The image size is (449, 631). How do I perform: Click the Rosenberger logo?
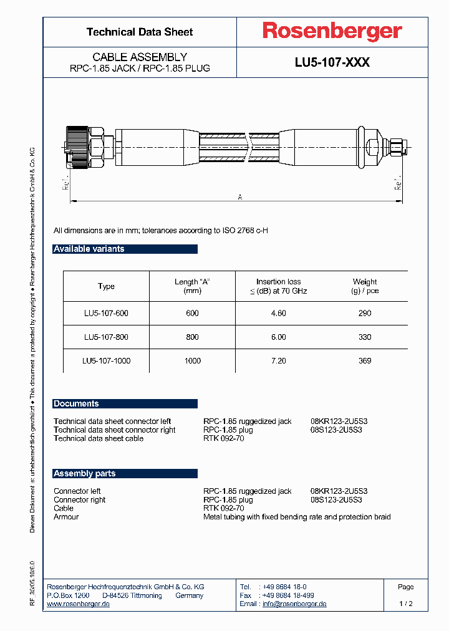click(x=332, y=32)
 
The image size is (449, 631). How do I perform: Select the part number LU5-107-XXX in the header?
click(x=332, y=62)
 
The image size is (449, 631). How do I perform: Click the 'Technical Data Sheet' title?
click(x=140, y=32)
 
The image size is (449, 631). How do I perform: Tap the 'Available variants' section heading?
click(x=89, y=249)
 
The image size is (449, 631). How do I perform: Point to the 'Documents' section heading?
click(x=76, y=403)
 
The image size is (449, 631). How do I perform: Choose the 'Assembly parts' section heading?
click(x=85, y=473)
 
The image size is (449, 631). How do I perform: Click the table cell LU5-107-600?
click(x=106, y=313)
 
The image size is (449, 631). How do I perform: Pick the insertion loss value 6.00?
click(x=278, y=337)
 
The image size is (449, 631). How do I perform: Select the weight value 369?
click(x=365, y=360)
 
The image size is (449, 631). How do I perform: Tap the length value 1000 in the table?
click(x=193, y=360)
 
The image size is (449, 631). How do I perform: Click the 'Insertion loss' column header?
click(x=278, y=286)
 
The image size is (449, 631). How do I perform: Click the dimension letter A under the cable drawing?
click(x=240, y=197)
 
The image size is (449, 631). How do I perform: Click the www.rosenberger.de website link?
click(x=79, y=604)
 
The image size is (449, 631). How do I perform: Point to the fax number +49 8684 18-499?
click(x=287, y=595)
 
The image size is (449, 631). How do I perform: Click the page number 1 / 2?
click(x=405, y=604)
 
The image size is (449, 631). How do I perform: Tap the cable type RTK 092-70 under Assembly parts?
click(x=224, y=508)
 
